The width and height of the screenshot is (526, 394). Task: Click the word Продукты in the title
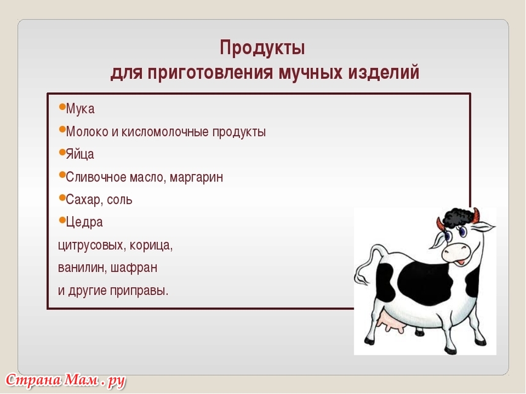[262, 48]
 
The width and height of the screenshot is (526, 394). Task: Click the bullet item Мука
[80, 109]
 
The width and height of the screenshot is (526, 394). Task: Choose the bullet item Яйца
[80, 154]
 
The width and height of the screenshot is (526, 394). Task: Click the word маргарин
[196, 178]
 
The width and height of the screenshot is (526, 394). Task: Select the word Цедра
[84, 222]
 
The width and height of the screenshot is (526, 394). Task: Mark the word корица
[151, 246]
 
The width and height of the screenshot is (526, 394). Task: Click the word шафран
[133, 268]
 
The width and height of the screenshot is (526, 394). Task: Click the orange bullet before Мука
[62, 107]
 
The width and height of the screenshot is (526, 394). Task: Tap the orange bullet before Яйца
[62, 153]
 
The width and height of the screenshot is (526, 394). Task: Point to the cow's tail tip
[361, 278]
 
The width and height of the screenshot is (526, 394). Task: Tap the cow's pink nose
[455, 252]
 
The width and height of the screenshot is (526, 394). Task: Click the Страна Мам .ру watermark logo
[65, 381]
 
